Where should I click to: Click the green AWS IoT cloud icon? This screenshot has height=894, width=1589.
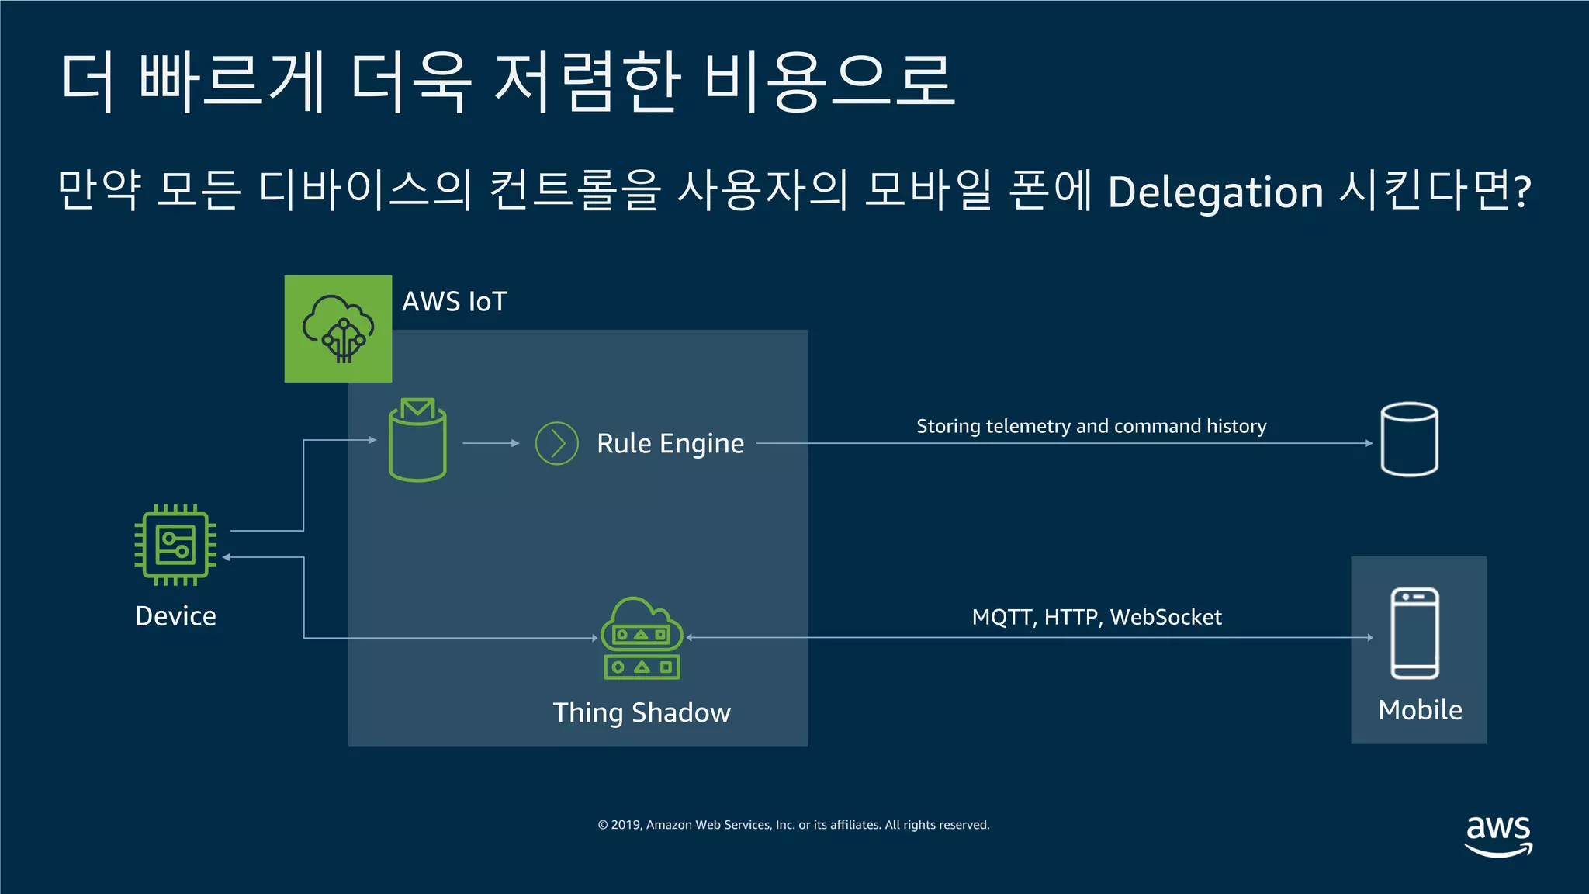click(x=338, y=329)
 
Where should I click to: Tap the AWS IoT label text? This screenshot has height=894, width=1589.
click(x=454, y=302)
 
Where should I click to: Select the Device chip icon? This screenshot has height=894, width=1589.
click(x=175, y=545)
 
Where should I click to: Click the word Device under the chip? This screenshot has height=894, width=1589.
click(x=175, y=616)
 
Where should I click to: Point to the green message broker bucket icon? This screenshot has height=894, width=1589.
click(x=417, y=440)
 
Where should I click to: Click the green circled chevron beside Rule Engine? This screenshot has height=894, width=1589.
click(x=557, y=444)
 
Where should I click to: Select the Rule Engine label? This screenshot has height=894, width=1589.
click(x=670, y=444)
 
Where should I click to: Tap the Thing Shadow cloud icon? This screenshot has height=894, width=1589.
click(x=642, y=638)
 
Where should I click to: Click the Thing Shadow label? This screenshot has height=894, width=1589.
click(x=642, y=712)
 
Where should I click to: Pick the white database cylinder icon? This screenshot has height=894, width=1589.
click(x=1410, y=439)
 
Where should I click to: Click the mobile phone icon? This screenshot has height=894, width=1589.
click(x=1414, y=633)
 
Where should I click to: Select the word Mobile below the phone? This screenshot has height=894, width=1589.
click(x=1420, y=710)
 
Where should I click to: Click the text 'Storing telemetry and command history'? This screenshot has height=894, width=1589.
click(x=1091, y=426)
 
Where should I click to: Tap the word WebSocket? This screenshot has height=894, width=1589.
click(x=1165, y=618)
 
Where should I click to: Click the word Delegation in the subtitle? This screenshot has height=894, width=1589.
click(x=1215, y=192)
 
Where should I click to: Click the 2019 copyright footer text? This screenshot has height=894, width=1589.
click(x=794, y=825)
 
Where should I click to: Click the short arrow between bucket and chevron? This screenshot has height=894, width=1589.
click(x=490, y=443)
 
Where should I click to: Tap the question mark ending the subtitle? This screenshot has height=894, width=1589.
click(x=1522, y=191)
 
